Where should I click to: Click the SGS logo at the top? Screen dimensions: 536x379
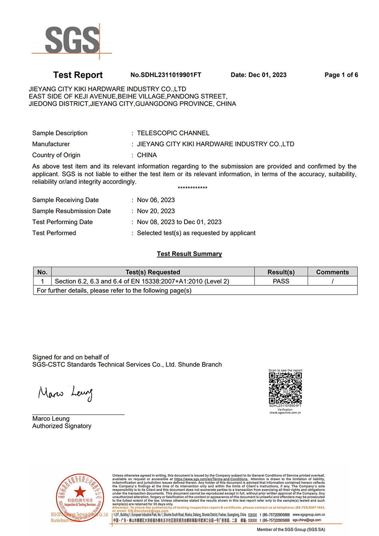point(72,40)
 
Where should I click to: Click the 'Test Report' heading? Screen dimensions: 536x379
point(78,75)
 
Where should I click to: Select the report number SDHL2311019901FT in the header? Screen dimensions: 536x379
point(166,75)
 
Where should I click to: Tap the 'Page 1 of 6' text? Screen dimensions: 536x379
point(341,75)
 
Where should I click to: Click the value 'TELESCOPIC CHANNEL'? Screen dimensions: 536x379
point(173,133)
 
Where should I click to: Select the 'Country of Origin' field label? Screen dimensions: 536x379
point(56,155)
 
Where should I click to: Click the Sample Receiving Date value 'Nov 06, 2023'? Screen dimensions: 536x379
point(156,200)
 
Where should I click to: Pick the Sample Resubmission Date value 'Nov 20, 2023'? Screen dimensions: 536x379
point(156,211)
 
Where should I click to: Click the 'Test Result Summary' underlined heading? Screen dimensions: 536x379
point(189,254)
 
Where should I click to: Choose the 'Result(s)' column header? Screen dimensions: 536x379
point(281,272)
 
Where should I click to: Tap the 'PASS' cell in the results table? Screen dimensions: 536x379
point(281,281)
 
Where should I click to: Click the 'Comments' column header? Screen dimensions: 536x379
point(332,272)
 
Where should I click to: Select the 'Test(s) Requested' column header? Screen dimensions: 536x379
point(153,272)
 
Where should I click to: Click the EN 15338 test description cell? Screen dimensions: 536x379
point(142,281)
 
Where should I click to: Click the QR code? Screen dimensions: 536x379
point(285,388)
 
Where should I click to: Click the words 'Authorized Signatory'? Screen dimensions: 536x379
point(62,426)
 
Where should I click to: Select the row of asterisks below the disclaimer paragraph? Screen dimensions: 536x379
point(193,188)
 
